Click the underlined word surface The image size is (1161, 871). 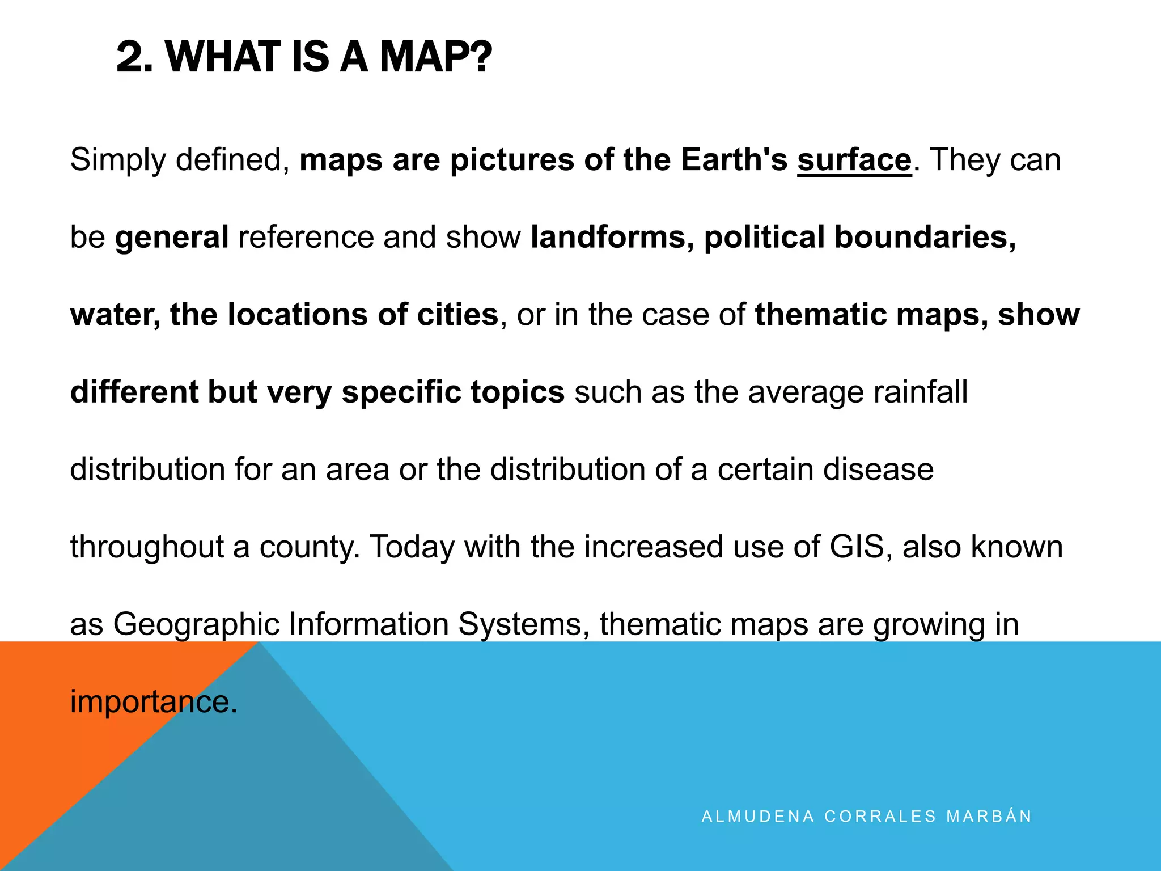tap(854, 160)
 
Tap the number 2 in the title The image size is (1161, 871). tap(134, 57)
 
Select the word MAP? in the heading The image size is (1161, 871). tap(435, 57)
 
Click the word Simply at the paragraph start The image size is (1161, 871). tap(117, 160)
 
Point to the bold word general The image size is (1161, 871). tap(172, 237)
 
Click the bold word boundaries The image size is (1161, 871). tap(925, 237)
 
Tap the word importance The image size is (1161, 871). tap(153, 702)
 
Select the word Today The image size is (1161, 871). tap(412, 547)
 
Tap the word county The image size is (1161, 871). tap(310, 547)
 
